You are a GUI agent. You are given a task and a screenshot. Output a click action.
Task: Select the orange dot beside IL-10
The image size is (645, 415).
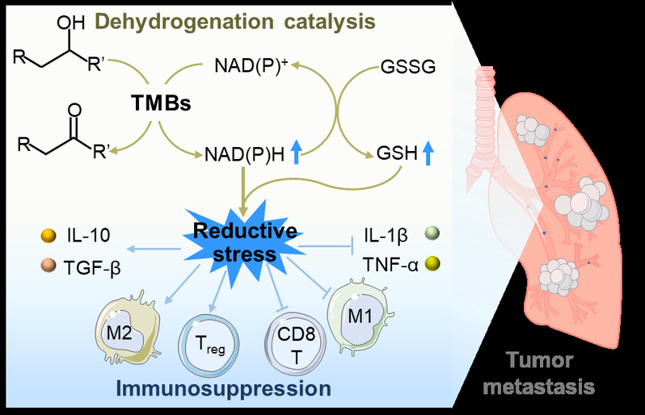coord(48,237)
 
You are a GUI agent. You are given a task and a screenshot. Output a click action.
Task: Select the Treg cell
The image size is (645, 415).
coord(208,341)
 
